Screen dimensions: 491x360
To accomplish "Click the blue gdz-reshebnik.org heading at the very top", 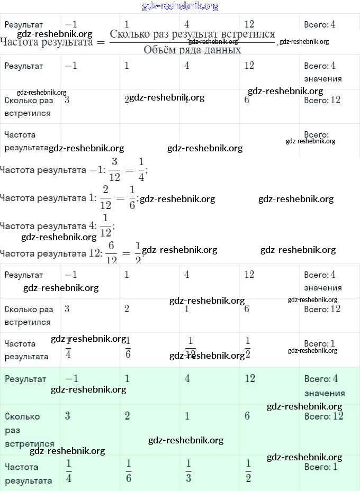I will (180, 6).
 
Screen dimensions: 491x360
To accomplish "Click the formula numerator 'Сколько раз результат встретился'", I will (192, 34).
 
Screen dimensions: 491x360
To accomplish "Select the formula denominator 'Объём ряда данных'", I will (192, 50).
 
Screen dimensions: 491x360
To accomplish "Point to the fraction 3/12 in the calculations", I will (115, 169).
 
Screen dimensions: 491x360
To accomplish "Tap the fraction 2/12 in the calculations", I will (105, 197).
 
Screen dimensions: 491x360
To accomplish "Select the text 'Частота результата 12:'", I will (51, 253).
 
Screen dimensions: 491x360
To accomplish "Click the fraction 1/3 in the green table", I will (188, 471).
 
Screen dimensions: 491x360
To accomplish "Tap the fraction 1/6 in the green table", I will (129, 471).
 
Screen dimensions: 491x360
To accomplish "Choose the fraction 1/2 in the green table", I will (248, 471).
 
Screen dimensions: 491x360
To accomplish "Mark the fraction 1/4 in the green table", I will (69, 471).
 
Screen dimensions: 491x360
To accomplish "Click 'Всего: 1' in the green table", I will (321, 467).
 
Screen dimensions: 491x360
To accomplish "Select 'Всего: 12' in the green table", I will (322, 416).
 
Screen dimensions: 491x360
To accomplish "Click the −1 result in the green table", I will (71, 379).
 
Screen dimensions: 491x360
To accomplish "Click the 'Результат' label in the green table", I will (25, 379).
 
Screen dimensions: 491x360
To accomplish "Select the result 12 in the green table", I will (250, 379).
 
